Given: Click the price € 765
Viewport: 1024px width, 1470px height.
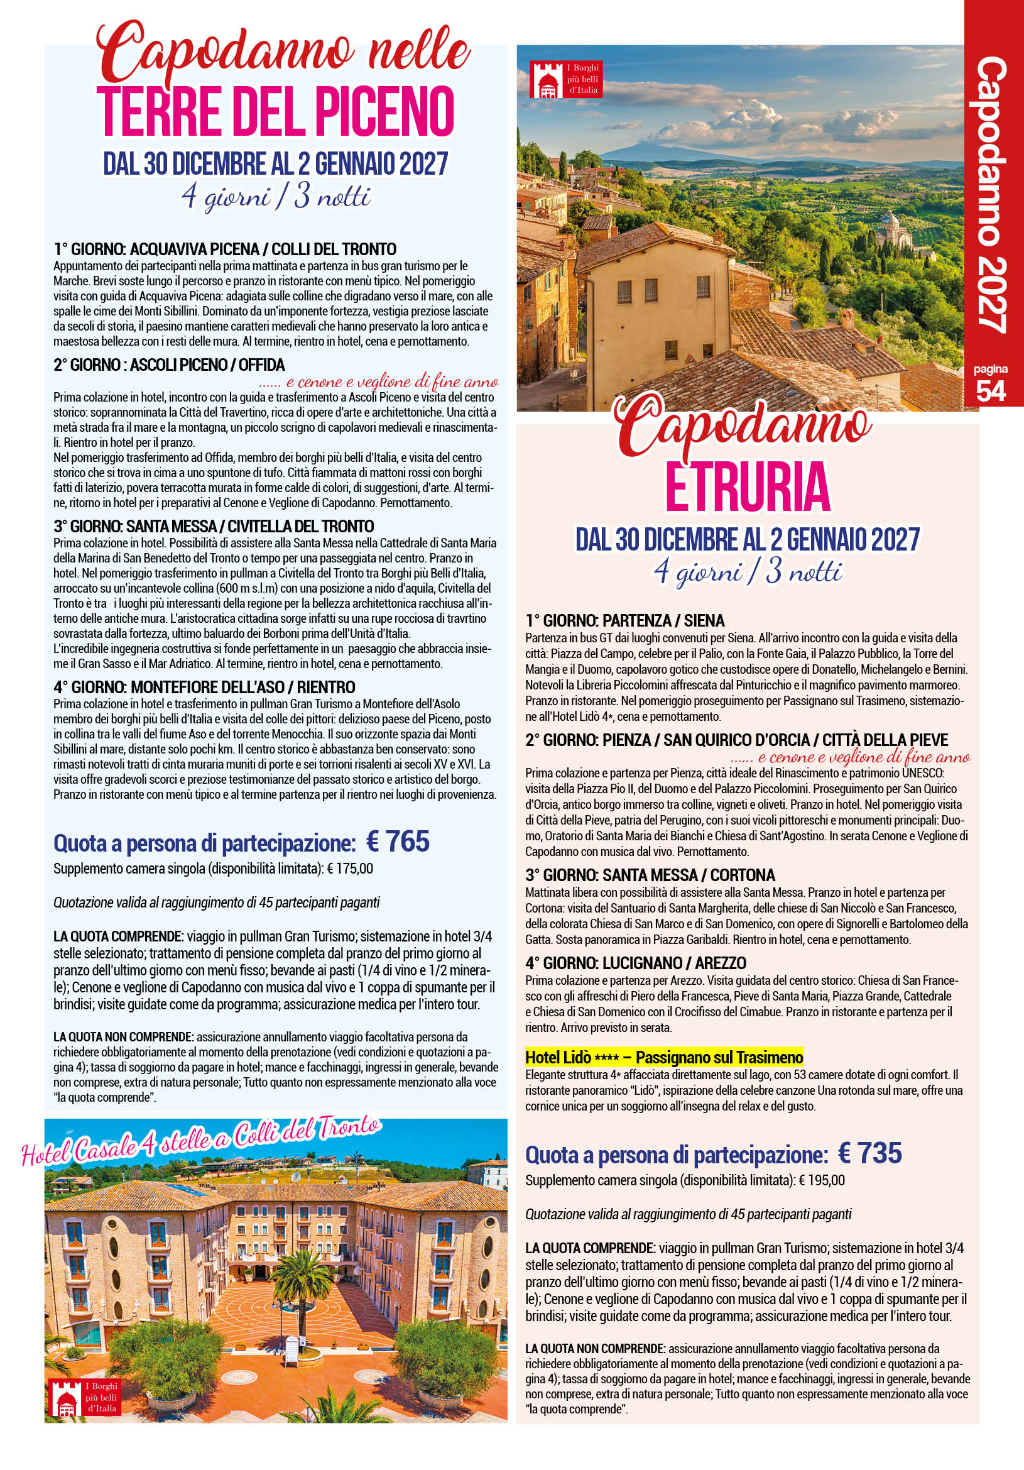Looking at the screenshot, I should pos(398,842).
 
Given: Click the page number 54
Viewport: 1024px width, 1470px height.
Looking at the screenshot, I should pos(991,390).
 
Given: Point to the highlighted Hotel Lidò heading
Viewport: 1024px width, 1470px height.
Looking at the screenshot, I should pos(663,1056).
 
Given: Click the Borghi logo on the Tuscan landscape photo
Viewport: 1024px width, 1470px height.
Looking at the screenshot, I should pos(566,79).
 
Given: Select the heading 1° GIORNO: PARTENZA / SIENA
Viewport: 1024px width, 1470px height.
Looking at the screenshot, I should pos(624,620).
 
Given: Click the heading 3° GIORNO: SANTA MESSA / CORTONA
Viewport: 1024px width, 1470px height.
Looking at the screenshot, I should pos(650,875).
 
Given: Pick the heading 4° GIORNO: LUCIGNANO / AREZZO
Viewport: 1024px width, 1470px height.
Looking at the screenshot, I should pos(636,962).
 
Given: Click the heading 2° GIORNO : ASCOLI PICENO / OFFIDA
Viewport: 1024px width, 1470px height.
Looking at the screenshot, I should pos(169,365).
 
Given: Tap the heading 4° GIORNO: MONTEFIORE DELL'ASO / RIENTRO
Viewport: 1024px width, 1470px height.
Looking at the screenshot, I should pos(204,688).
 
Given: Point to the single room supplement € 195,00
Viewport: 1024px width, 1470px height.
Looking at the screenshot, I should pos(822,1180).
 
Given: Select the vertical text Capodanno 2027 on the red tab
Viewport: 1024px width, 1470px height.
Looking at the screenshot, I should pos(991,195).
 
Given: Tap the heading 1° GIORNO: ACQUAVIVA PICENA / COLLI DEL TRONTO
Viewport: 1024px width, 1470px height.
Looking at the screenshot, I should pos(225,249).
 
